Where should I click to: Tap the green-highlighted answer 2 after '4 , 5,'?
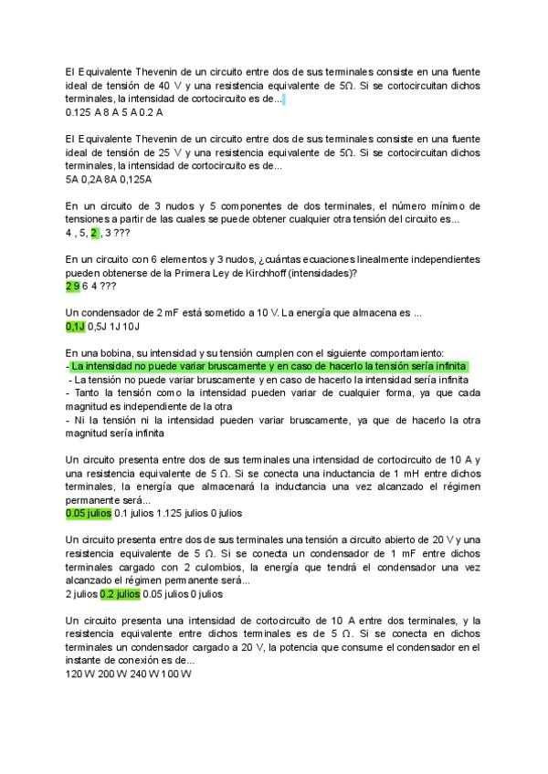(x=94, y=233)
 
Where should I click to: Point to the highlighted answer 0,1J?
(x=75, y=326)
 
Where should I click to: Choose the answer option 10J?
(x=131, y=326)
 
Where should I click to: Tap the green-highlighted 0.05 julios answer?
(x=89, y=514)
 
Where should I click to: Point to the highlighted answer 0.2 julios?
(x=120, y=593)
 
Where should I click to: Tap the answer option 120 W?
(x=80, y=674)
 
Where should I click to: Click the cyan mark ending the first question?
(x=284, y=99)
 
